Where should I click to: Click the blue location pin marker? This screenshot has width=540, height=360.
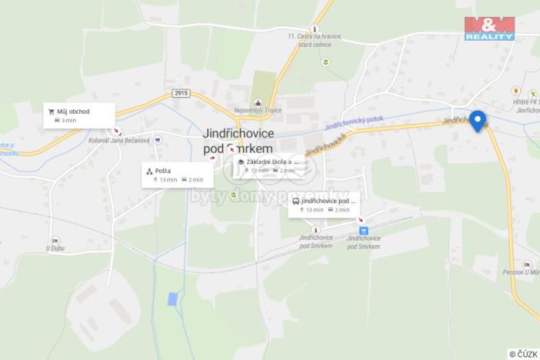tap(478, 120)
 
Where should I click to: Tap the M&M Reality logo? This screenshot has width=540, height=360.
tap(488, 27)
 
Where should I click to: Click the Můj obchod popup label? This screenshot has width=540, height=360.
tap(80, 115)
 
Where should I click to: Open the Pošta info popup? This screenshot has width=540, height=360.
tap(178, 175)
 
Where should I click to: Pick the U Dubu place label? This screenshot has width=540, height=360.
tap(53, 248)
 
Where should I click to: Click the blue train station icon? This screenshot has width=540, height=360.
tap(363, 229)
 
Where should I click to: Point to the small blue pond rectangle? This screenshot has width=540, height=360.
tap(172, 297)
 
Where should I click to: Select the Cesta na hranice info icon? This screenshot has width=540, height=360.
tap(314, 28)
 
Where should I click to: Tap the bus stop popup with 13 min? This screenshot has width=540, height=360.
tap(324, 205)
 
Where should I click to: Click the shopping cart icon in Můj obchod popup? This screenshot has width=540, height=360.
tap(52, 112)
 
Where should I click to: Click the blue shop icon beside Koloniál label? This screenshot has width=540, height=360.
tap(157, 140)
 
